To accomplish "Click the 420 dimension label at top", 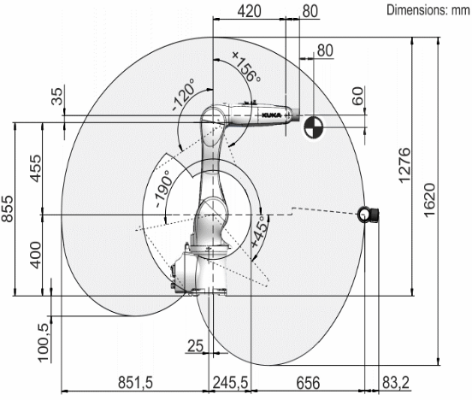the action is pos(249,11).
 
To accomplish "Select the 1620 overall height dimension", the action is pos(429,199).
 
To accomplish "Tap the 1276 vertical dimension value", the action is pos(404,165).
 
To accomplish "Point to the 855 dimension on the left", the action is pos(7,209).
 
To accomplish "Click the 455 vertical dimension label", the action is pos(36,168).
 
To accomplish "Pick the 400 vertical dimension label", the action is pos(36,255).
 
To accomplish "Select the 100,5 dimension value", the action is pos(44,343).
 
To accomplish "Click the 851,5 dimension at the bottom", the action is pos(135,383).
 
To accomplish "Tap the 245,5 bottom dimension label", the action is pos(230,383).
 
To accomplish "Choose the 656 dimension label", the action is pos(308,383).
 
